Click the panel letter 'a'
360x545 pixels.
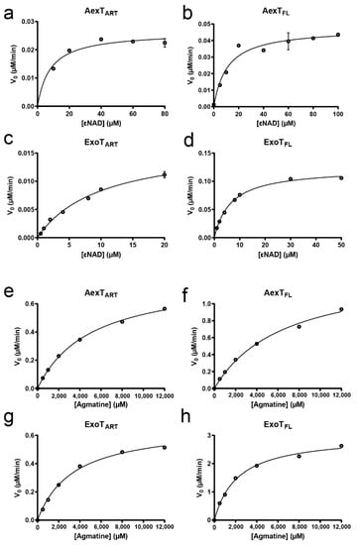[x=7, y=7]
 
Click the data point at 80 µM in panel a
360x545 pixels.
[x=164, y=44]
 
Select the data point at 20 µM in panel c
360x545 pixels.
[x=164, y=174]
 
